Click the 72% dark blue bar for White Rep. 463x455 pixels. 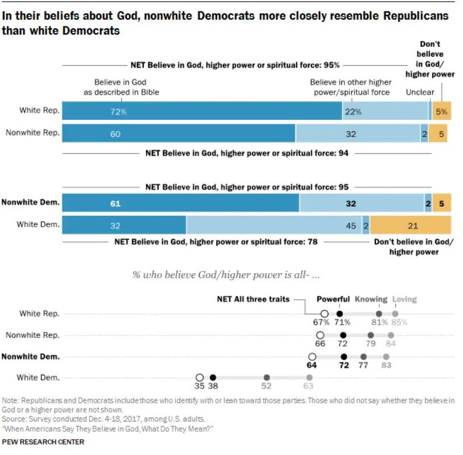[202, 111]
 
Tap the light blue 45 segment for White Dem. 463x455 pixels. [274, 225]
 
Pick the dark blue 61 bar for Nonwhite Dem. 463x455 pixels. [180, 203]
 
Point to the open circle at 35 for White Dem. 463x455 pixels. [199, 377]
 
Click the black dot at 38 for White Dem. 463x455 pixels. [212, 377]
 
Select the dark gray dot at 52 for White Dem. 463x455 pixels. [266, 377]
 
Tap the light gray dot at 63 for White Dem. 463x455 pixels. [310, 377]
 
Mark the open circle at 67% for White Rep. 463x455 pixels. [324, 314]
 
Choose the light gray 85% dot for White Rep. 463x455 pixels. [395, 314]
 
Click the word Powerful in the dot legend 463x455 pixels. [333, 299]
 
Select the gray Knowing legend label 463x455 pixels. [371, 299]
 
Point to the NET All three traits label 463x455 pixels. [253, 299]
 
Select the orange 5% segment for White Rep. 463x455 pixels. [441, 111]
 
